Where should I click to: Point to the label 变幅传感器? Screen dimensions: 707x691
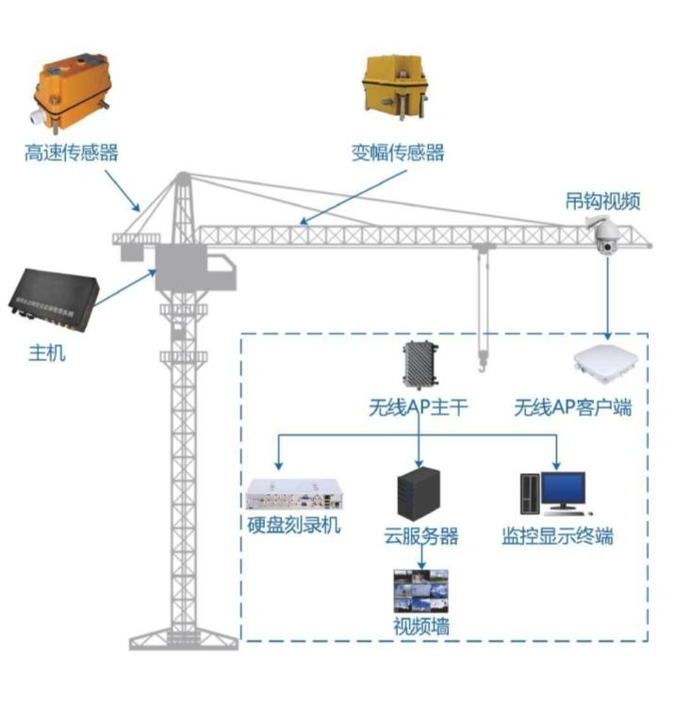point(398,153)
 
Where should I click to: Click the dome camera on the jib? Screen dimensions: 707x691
point(603,235)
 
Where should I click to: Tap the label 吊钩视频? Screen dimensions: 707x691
point(603,200)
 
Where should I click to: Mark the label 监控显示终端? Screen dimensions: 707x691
point(557,536)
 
